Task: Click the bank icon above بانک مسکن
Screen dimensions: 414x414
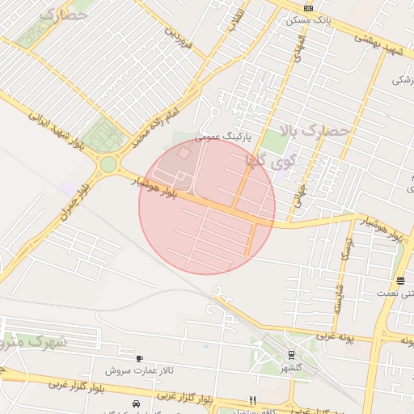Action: (x=307, y=7)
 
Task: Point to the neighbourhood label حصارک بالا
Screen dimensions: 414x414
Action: (x=315, y=130)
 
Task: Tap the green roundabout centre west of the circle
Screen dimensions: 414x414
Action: (x=108, y=165)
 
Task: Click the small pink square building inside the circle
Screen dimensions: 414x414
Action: (x=184, y=153)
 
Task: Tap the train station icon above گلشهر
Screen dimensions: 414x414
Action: (x=291, y=354)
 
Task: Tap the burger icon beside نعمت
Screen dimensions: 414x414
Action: (x=401, y=281)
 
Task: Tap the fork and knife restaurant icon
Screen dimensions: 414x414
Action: (x=253, y=400)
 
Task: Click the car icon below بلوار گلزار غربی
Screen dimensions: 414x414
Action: (x=136, y=403)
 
